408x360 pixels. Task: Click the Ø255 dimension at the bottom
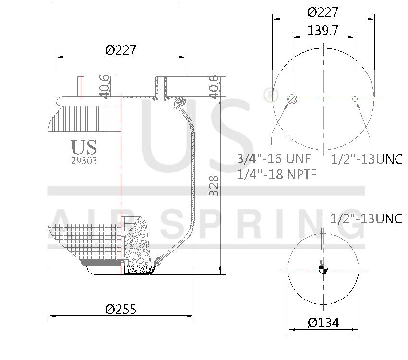click(120, 309)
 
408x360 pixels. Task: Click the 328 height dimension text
click(214, 185)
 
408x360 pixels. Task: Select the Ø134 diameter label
click(323, 323)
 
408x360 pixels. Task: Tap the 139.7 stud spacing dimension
click(323, 30)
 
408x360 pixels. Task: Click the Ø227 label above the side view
click(121, 50)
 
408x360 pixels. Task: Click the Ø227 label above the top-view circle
click(323, 12)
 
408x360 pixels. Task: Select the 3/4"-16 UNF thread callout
click(274, 158)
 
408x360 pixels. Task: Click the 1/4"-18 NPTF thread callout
click(277, 174)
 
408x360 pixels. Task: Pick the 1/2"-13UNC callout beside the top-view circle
click(367, 159)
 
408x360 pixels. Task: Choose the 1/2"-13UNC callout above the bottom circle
click(367, 218)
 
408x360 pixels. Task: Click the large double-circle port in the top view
click(292, 99)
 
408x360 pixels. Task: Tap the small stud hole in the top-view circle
click(355, 99)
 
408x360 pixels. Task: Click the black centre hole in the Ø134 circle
click(323, 269)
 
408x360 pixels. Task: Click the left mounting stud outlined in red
click(81, 86)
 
